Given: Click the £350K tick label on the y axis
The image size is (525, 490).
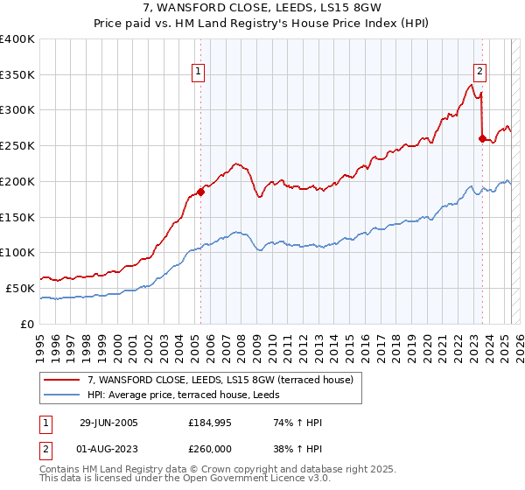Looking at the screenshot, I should [17, 74].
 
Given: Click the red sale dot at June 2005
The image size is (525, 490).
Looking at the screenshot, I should [201, 192].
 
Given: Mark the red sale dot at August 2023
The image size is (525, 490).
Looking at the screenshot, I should [482, 138].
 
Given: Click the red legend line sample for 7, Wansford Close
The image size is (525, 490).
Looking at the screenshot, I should [61, 380].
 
